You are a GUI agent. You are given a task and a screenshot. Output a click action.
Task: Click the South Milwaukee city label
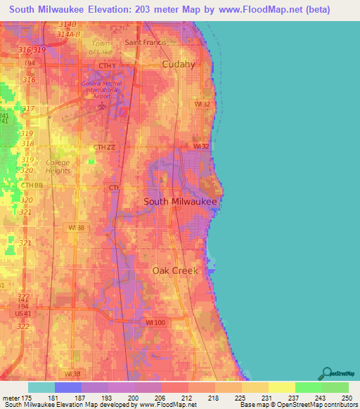(179, 201)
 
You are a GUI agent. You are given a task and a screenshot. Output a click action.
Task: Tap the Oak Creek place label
(175, 270)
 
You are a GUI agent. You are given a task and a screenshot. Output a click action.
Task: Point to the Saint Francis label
(146, 42)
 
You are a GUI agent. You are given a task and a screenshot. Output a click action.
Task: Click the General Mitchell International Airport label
(103, 89)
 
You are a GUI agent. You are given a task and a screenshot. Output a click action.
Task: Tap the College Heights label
(58, 166)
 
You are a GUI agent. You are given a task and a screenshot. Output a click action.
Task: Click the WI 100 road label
(155, 322)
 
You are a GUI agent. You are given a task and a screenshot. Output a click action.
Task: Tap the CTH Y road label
(107, 66)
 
